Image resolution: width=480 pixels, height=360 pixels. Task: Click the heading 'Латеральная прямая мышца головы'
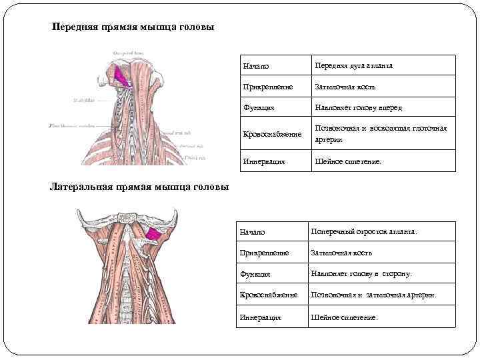point(139,186)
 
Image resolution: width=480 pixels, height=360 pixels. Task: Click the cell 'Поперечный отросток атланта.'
point(364,231)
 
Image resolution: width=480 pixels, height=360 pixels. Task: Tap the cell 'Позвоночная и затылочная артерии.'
point(373,295)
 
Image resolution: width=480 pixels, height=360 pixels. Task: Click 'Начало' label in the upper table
point(259,67)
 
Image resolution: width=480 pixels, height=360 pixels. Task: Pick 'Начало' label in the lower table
point(252,232)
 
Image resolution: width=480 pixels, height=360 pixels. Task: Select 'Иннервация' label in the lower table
point(260,317)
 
